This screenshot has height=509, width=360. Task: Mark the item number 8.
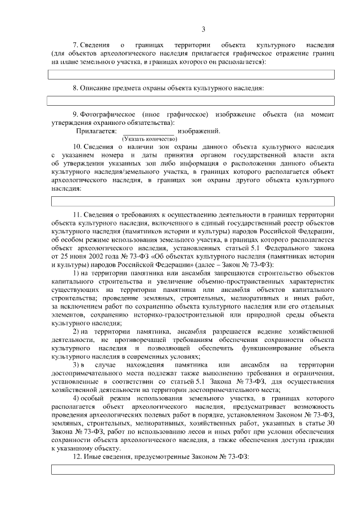pos(75,88)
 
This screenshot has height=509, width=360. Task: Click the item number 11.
pos(78,215)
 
